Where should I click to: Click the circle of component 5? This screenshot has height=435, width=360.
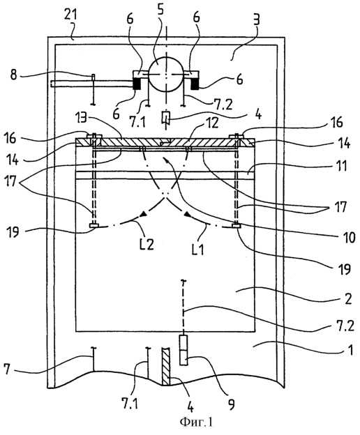[149, 75]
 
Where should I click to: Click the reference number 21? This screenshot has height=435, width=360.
[70, 15]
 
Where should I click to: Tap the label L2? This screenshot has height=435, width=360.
[147, 245]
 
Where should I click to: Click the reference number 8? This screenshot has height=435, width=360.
[14, 75]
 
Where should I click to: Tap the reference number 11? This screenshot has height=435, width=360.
[342, 166]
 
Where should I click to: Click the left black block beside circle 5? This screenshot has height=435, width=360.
[137, 84]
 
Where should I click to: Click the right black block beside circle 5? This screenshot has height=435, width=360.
[195, 84]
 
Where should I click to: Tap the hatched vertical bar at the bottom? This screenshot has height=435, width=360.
[165, 366]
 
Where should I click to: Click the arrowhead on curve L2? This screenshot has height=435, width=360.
[143, 213]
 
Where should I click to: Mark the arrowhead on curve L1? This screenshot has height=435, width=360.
[188, 214]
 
